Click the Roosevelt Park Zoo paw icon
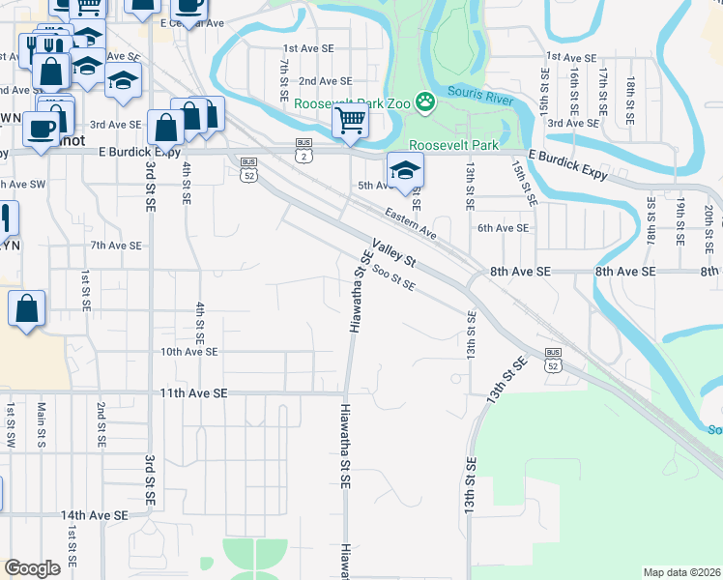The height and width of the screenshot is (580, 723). coord(424,101)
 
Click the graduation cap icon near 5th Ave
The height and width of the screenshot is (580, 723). coord(405,171)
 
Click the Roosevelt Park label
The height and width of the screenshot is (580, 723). coord(453,145)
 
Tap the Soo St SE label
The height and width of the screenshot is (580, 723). coord(393,278)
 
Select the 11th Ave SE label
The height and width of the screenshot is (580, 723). coord(193,393)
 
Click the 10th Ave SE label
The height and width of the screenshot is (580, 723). coord(188,353)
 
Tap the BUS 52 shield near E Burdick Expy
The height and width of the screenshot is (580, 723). coord(249,168)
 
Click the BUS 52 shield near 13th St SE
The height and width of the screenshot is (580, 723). coord(553,360)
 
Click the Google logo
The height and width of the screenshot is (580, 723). coord(33,568)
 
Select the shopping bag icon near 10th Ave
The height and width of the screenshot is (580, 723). coord(27,309)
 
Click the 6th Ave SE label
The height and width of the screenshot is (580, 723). coord(504,228)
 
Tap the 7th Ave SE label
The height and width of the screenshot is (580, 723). coord(116,246)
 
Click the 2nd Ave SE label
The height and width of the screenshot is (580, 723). coord(324,81)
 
